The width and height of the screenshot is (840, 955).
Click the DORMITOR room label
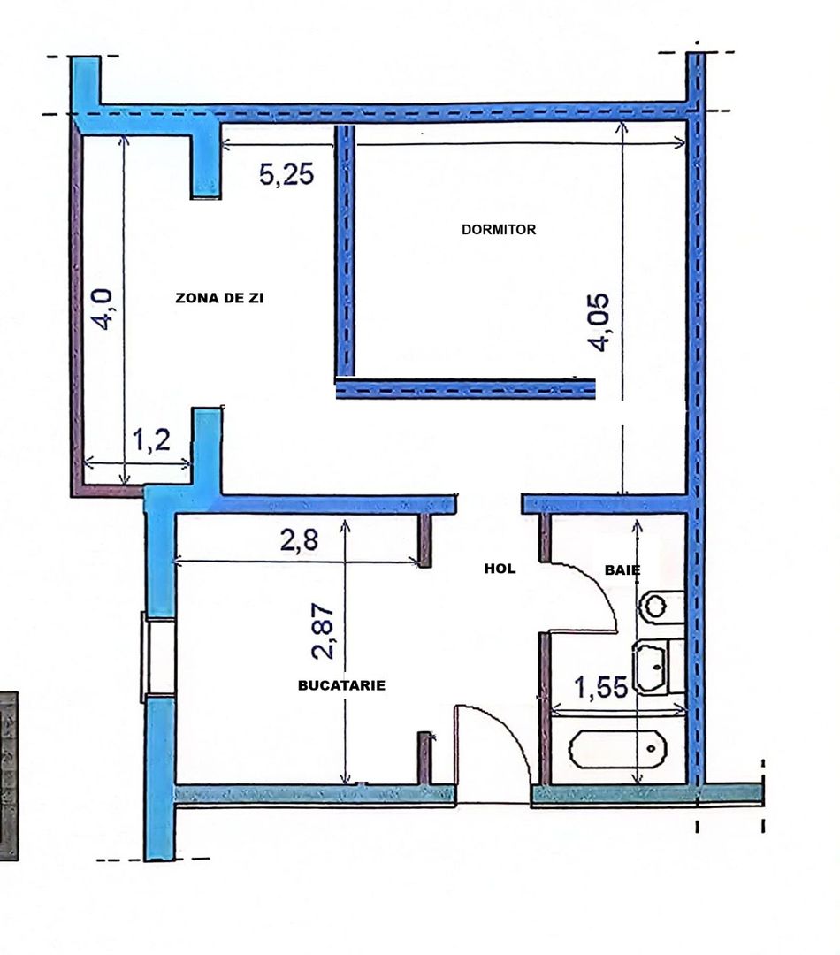499,230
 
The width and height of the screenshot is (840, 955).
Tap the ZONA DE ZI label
220,299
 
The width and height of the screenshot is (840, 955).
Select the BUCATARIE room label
341,684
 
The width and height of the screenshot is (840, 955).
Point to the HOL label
500,569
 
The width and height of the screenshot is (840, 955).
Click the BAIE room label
622,570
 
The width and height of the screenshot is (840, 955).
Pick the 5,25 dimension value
286,174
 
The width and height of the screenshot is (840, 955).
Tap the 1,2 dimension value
151,440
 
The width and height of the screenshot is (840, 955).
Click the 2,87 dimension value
324,631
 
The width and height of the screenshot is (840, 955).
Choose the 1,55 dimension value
603,687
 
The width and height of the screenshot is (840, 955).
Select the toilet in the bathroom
660,606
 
